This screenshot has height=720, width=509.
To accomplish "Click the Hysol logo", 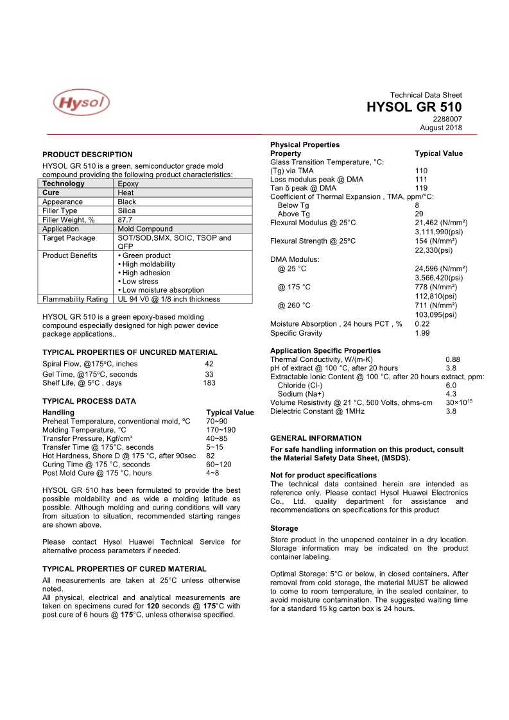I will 81,103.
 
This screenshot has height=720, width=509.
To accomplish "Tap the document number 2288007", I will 447,119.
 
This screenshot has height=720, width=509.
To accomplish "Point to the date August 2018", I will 441,128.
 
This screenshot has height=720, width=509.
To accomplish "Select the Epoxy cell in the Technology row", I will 128,184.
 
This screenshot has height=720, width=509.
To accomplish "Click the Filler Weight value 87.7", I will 125,219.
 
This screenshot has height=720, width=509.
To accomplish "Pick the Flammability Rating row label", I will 75,299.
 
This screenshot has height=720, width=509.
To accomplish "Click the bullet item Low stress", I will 142,281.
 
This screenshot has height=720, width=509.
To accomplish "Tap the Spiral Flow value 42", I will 209,364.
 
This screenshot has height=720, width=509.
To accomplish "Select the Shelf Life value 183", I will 209,383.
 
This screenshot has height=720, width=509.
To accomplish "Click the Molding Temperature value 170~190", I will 221,430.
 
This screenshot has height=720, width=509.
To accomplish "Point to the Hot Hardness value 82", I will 211,456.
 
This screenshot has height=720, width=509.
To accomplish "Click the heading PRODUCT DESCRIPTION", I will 87,155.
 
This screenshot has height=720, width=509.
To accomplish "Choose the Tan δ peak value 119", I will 421,188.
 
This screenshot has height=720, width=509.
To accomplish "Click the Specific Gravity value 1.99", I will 422,333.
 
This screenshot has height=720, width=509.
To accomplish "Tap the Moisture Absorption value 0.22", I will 422,324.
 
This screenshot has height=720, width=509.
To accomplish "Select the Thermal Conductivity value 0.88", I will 453,359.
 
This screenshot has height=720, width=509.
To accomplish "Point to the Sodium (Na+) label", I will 301,394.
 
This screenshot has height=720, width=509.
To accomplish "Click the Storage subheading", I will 284,528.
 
